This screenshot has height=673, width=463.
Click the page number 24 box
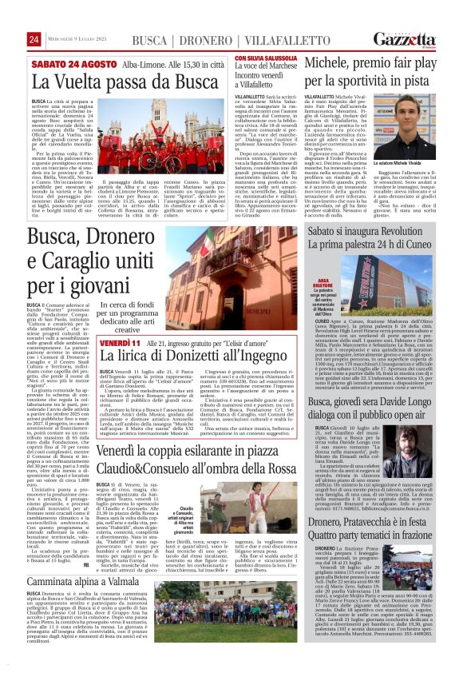(34, 40)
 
